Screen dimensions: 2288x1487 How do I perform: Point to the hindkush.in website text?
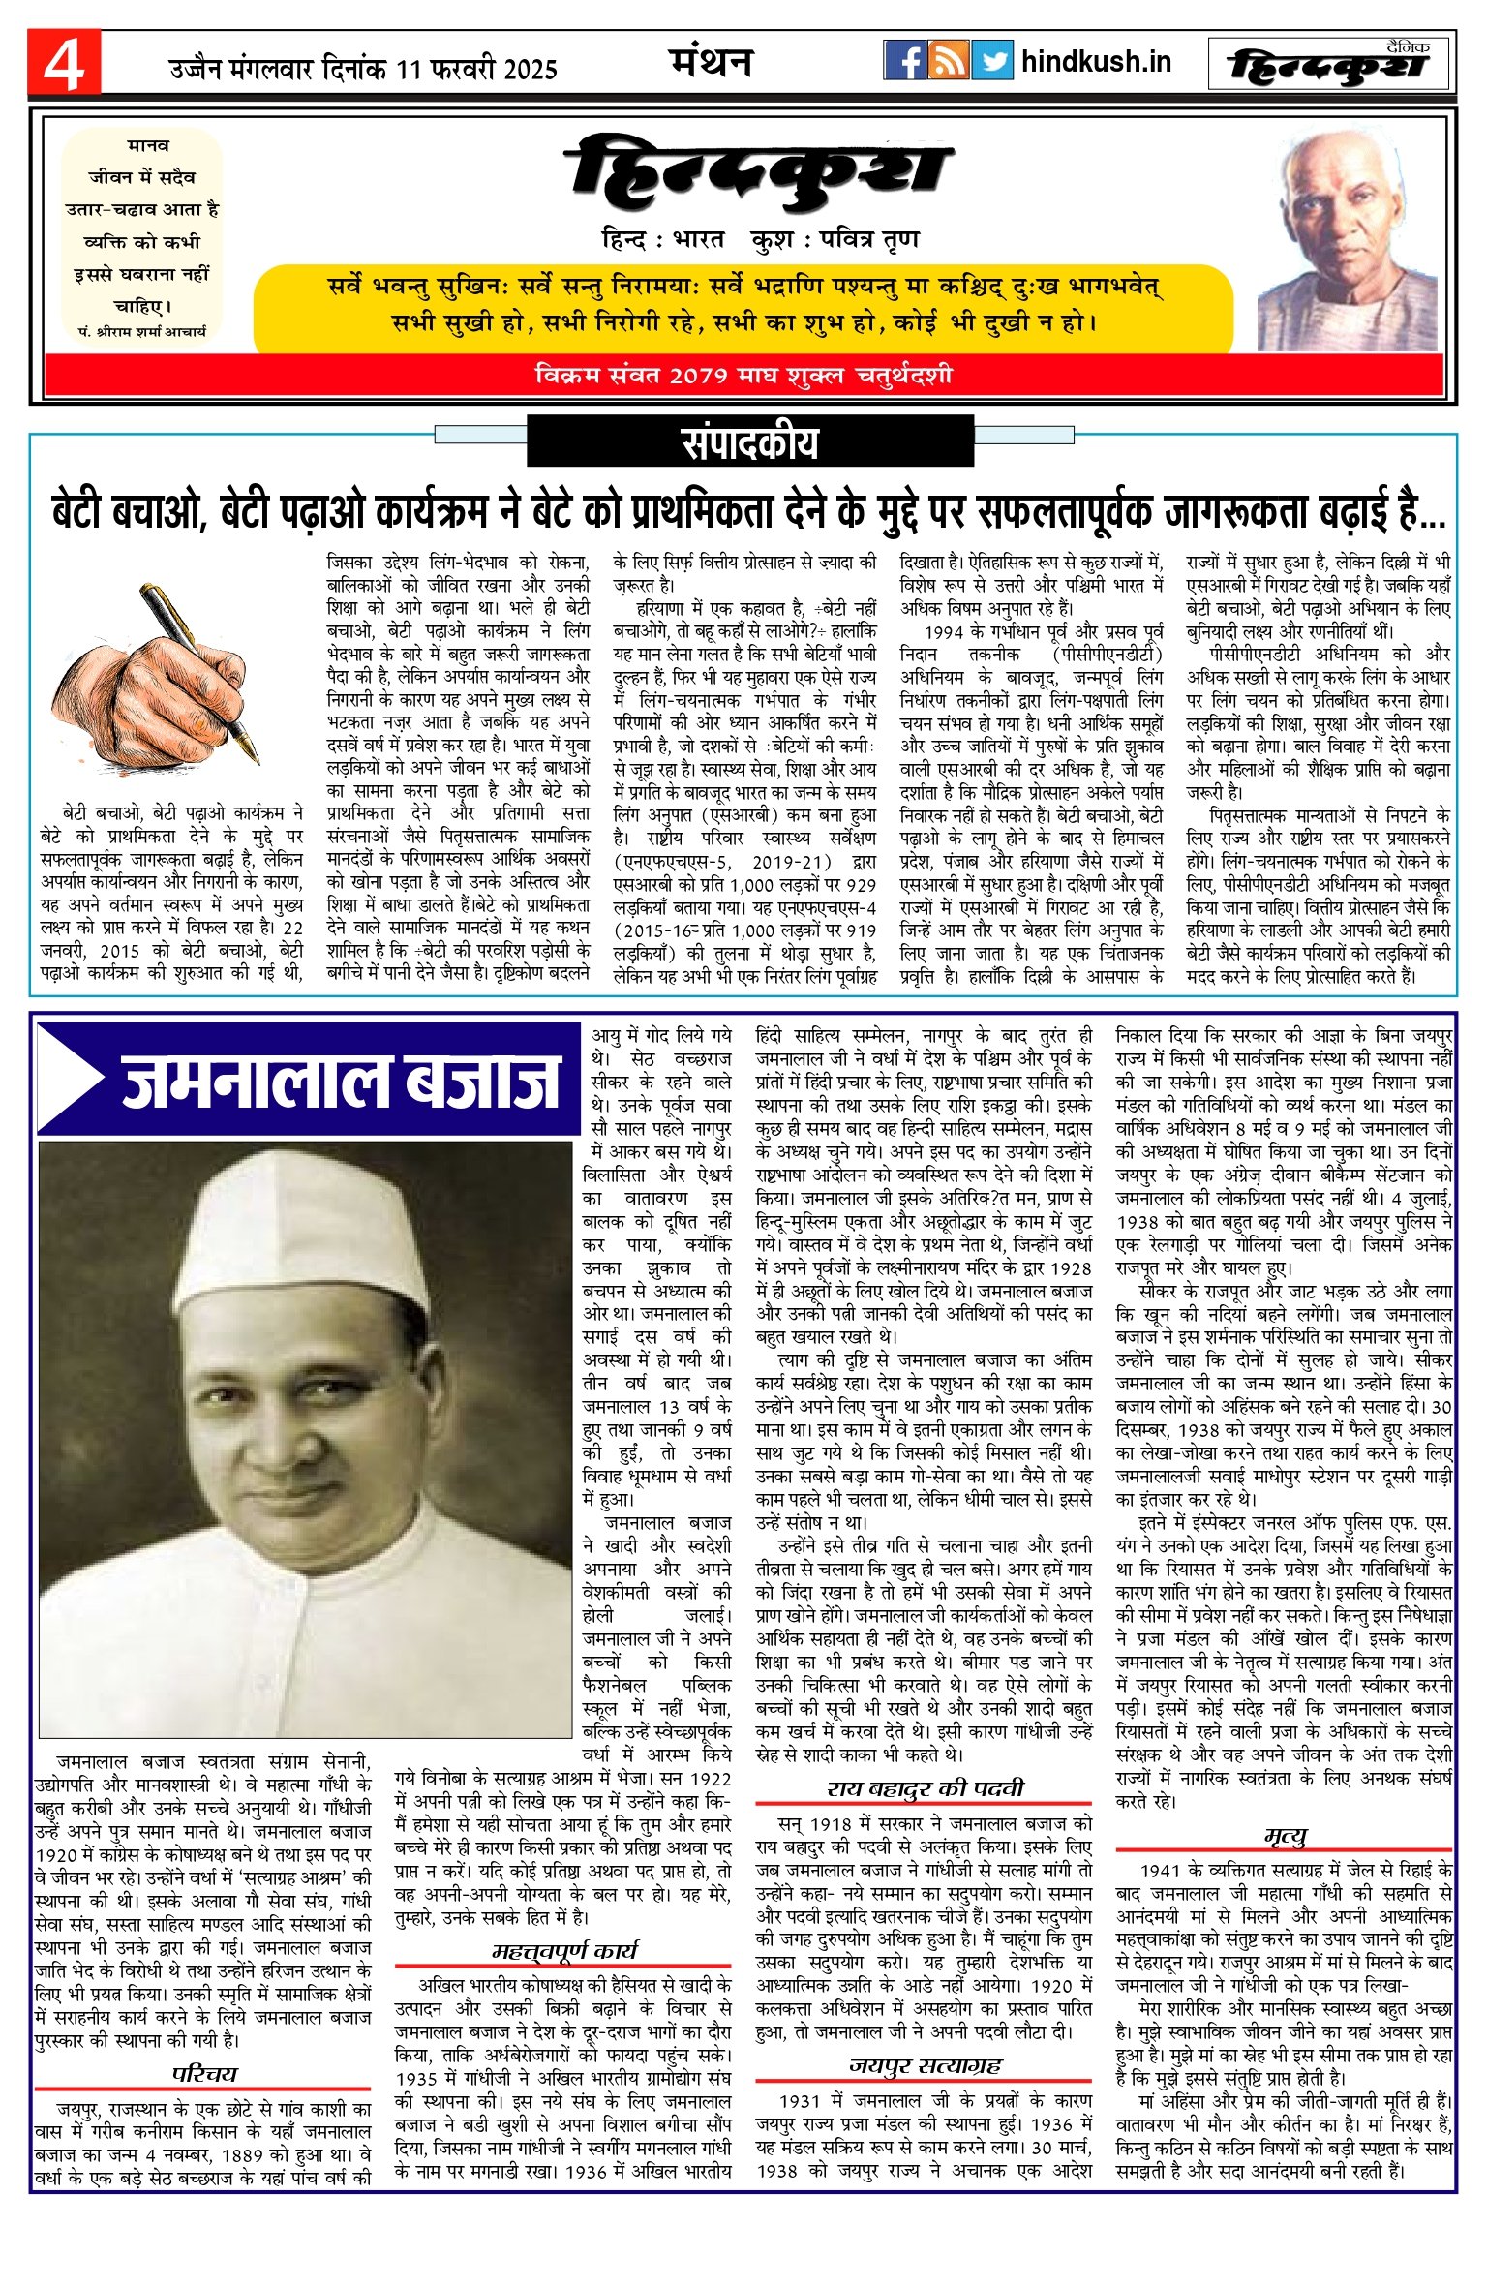pos(1096,62)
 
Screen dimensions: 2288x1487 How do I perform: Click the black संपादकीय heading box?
pos(749,442)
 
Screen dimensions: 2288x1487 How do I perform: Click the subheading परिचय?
pos(204,2073)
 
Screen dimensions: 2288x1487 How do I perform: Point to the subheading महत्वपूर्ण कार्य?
pos(563,1950)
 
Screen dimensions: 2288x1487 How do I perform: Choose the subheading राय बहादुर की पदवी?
pos(925,1788)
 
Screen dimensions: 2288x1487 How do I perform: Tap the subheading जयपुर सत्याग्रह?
pos(925,2065)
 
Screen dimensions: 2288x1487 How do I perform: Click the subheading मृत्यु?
pos(1285,1836)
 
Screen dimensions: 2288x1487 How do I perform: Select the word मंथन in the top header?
pos(711,63)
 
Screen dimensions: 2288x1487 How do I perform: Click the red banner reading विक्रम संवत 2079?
pos(743,375)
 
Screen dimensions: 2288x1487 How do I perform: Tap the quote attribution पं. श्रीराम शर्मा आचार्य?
pos(142,331)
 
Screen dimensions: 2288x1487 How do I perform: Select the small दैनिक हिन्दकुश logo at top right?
pos(1328,64)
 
